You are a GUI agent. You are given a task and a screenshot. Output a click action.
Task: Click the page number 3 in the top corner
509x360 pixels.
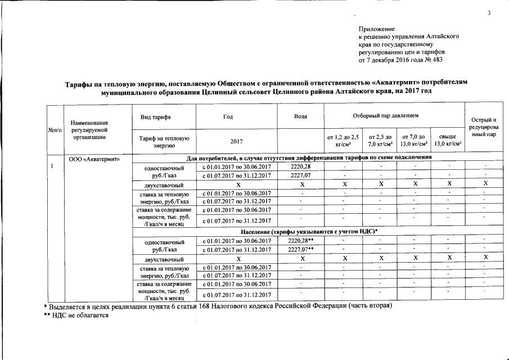click(489, 13)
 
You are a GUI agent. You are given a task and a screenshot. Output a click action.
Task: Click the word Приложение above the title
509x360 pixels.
click(376, 29)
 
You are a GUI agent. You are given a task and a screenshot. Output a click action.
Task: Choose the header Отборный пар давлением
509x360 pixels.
click(393, 116)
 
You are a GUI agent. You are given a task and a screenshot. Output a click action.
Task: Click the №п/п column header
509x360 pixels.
click(55, 129)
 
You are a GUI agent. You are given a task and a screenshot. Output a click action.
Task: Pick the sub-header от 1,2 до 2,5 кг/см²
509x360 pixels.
click(343, 140)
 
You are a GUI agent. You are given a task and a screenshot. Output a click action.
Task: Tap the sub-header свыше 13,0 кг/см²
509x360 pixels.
click(448, 140)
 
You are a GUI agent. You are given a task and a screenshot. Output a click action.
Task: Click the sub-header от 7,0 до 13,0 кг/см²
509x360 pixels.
click(413, 140)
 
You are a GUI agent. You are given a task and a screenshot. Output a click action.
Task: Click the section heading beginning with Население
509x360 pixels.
click(309, 232)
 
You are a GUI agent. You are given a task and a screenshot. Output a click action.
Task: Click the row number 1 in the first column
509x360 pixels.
click(52, 166)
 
